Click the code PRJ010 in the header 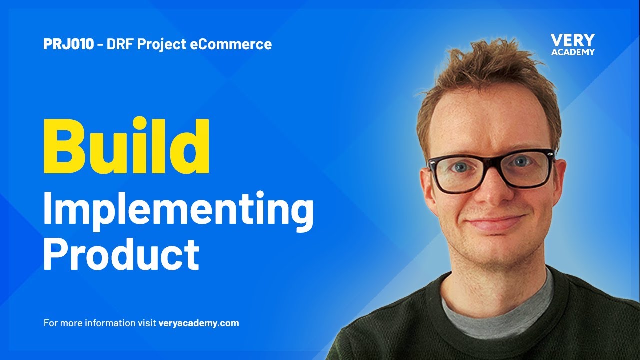(x=68, y=44)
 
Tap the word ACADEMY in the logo (x=572, y=52)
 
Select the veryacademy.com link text (x=198, y=323)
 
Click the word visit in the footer (x=146, y=323)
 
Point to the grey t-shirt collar (x=500, y=310)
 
